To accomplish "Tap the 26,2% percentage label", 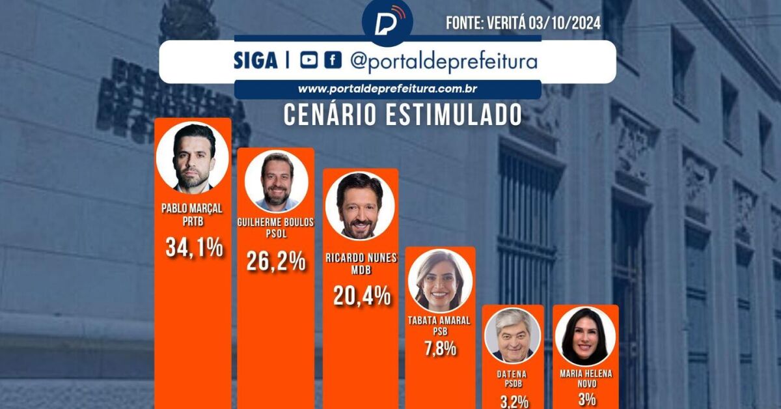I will (275, 261).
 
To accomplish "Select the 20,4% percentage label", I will (362, 296).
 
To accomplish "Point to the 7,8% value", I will (440, 348).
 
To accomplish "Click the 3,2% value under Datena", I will (514, 400).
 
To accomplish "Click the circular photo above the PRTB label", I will (193, 158).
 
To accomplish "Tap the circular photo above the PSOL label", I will (276, 181).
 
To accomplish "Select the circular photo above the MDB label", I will (360, 206).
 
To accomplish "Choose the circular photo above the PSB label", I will (440, 280).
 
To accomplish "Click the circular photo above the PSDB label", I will (513, 335).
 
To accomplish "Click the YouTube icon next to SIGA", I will (309, 61).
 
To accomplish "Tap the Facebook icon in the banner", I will (332, 61).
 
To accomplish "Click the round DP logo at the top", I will (387, 22).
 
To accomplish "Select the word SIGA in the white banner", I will (256, 61).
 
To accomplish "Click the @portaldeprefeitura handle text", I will (443, 61).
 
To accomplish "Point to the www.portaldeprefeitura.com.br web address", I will (389, 89).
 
